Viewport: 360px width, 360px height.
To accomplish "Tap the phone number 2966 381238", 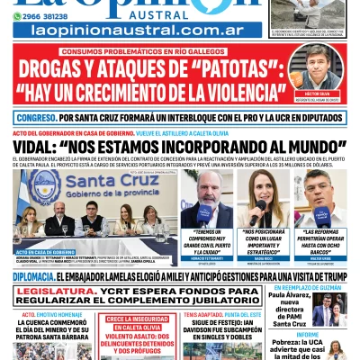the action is tap(45, 15).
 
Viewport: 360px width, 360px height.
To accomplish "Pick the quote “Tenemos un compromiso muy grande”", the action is tap(206, 241).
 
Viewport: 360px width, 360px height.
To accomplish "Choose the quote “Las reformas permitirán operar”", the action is tap(319, 241).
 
